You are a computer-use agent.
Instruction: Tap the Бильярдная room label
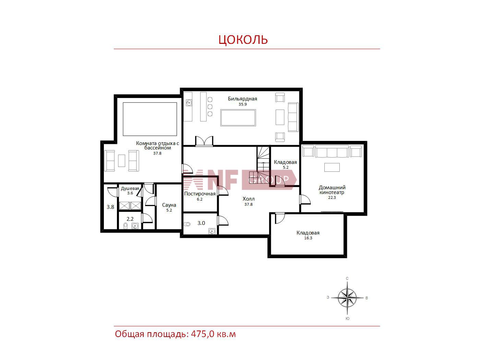click(x=242, y=99)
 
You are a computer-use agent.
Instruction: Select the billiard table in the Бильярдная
click(x=238, y=118)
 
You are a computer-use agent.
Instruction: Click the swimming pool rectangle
click(x=150, y=119)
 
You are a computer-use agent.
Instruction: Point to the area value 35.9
click(x=242, y=104)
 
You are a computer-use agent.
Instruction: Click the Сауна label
click(x=169, y=205)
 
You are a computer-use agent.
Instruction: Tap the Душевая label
click(x=130, y=189)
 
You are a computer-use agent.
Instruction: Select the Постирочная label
click(x=200, y=194)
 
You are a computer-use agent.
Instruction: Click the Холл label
click(x=249, y=199)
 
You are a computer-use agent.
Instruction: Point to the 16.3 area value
click(x=308, y=238)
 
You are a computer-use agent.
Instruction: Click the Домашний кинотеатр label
click(x=332, y=190)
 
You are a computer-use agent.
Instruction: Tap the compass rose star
click(x=347, y=298)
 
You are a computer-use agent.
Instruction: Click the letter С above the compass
click(x=347, y=278)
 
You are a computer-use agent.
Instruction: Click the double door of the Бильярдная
click(x=204, y=141)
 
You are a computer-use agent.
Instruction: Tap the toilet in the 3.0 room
click(x=187, y=224)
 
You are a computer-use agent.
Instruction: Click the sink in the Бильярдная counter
click(x=189, y=103)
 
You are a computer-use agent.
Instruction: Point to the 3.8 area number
click(x=110, y=207)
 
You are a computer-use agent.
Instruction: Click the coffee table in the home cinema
click(x=332, y=167)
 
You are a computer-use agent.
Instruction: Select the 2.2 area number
click(x=130, y=219)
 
